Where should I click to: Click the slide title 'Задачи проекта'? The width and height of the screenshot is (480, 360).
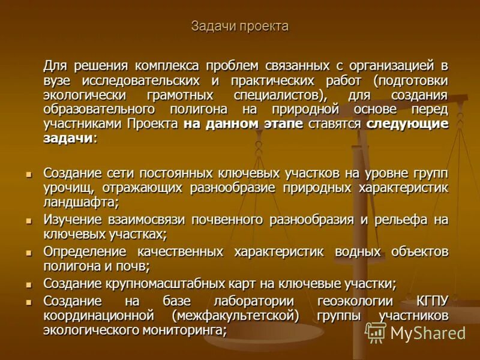pyautogui.click(x=240, y=26)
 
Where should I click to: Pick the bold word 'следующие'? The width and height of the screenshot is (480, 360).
pyautogui.click(x=407, y=124)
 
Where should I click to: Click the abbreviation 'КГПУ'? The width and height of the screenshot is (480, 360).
pyautogui.click(x=431, y=301)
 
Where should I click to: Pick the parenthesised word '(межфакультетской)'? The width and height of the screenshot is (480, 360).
pyautogui.click(x=235, y=315)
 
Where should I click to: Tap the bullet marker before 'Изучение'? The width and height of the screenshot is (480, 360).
pyautogui.click(x=28, y=220)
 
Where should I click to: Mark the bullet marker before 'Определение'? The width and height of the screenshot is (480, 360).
pyautogui.click(x=28, y=251)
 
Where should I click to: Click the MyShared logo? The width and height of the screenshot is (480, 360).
pyautogui.click(x=415, y=332)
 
